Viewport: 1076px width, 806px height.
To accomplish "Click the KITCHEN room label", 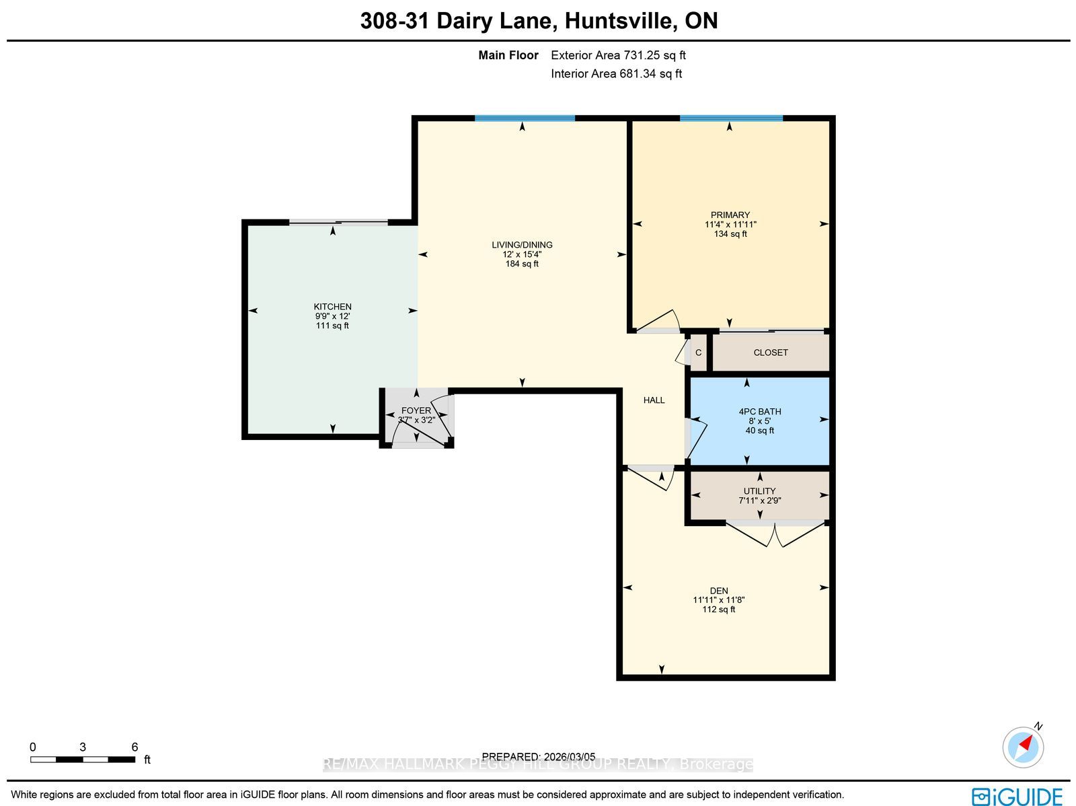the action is [x=332, y=306].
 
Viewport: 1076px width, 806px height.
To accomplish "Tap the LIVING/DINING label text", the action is [x=522, y=245].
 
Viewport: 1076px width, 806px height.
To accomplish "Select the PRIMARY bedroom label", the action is [x=730, y=215].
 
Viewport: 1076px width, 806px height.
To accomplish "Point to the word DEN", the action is [x=719, y=591].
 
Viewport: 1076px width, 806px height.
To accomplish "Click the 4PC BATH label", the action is [x=760, y=411].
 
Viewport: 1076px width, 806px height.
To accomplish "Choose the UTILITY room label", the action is [x=760, y=490].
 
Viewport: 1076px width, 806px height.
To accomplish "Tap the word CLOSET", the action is [x=771, y=353].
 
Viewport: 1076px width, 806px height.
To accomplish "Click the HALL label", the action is [x=654, y=400].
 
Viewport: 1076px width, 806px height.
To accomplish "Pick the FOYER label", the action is [x=416, y=410].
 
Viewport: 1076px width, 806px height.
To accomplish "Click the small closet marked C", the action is [x=698, y=353].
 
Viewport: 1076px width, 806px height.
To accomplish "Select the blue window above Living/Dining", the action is [x=525, y=118].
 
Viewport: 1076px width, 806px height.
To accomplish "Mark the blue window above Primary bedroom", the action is [x=731, y=118].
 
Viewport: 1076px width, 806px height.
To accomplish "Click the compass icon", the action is [x=1023, y=747].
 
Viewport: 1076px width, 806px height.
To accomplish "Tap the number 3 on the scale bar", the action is [x=83, y=747].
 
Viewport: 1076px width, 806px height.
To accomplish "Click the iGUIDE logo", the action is [x=1017, y=796].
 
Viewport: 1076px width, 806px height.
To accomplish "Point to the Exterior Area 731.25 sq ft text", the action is [x=618, y=55].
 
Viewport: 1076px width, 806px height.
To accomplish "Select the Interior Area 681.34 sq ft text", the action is [x=616, y=73].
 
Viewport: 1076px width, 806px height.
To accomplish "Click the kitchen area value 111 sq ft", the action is [x=332, y=326].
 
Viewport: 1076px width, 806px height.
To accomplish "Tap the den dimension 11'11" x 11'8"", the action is [x=719, y=600].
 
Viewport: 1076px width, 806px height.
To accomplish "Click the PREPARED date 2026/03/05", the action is [x=569, y=756].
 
